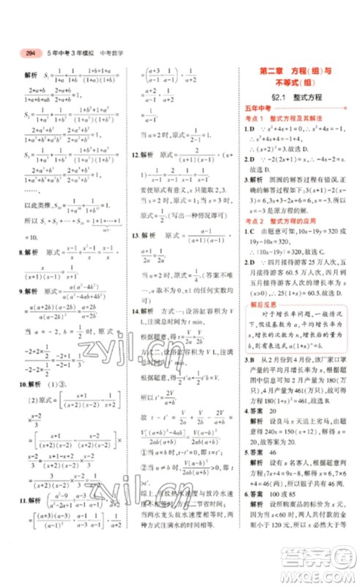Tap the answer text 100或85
pos(284,515)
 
